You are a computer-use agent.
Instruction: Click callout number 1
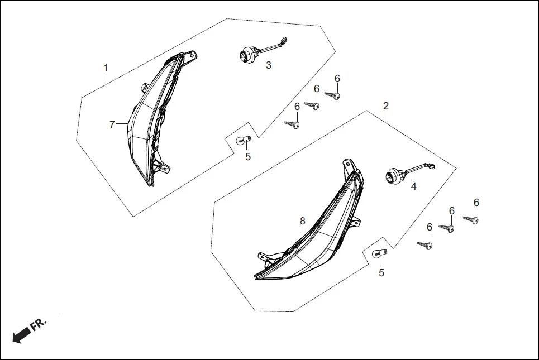(105, 68)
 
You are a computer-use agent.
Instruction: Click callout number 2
(385, 105)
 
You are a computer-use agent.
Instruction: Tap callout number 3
(269, 66)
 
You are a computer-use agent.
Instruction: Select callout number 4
(414, 186)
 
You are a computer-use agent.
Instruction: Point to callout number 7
(112, 124)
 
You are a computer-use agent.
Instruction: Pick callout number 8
(302, 221)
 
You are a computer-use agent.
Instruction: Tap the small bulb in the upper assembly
(244, 140)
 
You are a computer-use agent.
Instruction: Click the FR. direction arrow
(21, 335)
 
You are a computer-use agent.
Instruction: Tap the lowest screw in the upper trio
(293, 123)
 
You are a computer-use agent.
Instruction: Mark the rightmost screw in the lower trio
(473, 220)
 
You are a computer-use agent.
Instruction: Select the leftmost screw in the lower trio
(426, 244)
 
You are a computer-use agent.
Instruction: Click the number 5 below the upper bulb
(248, 157)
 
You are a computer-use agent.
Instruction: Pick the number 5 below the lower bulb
(381, 273)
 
